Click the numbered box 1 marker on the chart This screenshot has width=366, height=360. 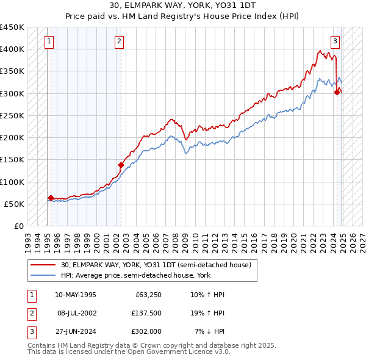[x=48, y=41]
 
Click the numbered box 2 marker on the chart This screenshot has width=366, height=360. [x=119, y=41]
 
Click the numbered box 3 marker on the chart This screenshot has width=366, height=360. [x=335, y=41]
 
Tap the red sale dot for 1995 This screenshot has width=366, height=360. [x=51, y=198]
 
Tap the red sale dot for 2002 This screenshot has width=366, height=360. [x=121, y=165]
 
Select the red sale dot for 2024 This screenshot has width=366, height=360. [x=336, y=92]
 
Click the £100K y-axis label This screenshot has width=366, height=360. [x=12, y=182]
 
